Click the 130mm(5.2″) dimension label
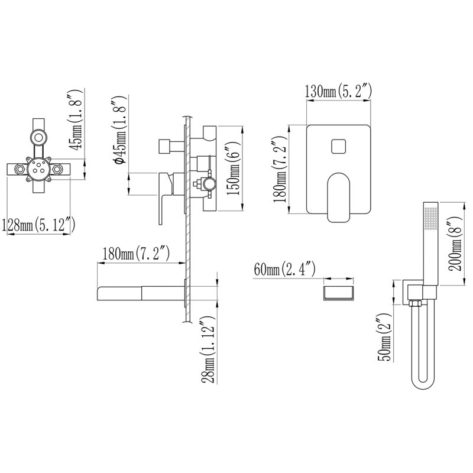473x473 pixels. point(338,91)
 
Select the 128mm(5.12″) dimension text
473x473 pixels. point(38,225)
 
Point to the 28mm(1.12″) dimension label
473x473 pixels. point(209,350)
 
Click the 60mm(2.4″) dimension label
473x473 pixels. point(284,269)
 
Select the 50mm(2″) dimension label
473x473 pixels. point(384,337)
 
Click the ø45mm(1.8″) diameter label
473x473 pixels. point(119,130)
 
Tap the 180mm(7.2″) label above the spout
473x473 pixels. point(136,253)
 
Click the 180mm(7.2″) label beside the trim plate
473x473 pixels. point(280,169)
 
